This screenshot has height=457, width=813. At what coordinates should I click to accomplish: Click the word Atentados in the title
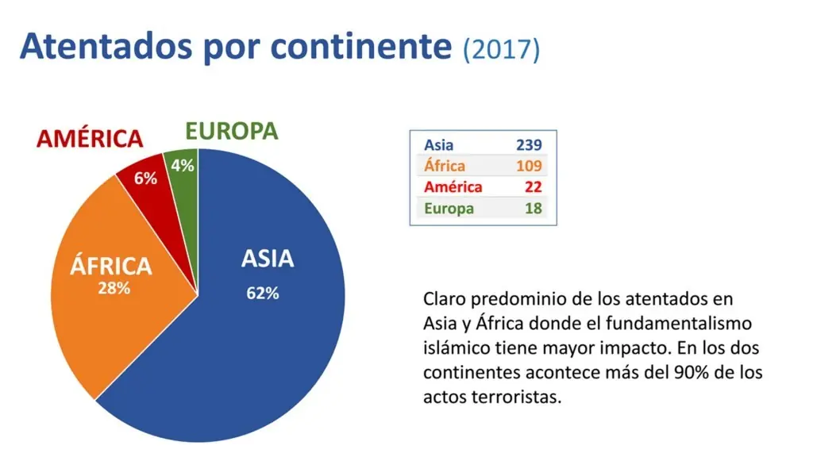pyautogui.click(x=105, y=47)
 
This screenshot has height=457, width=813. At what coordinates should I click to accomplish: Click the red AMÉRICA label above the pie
pyautogui.click(x=90, y=139)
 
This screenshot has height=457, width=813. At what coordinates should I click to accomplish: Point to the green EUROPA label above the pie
pyautogui.click(x=232, y=131)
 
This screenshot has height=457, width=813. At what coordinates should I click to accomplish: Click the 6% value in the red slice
pyautogui.click(x=145, y=179)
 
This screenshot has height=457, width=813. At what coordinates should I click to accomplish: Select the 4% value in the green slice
pyautogui.click(x=183, y=167)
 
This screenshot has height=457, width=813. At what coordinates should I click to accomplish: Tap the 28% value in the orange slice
pyautogui.click(x=114, y=289)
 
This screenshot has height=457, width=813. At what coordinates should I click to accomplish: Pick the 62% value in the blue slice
pyautogui.click(x=263, y=293)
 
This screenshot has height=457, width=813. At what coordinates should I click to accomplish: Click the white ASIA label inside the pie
pyautogui.click(x=268, y=259)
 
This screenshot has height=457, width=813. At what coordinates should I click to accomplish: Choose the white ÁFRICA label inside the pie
pyautogui.click(x=111, y=265)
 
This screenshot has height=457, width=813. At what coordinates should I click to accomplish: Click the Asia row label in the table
pyautogui.click(x=439, y=145)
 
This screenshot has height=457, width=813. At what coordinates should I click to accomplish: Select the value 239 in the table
pyautogui.click(x=527, y=145)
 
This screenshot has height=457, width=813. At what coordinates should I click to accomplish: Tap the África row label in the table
pyautogui.click(x=445, y=167)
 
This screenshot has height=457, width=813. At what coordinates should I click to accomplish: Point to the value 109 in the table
pyautogui.click(x=527, y=167)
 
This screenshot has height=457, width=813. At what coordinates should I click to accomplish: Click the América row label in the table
pyautogui.click(x=453, y=187)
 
